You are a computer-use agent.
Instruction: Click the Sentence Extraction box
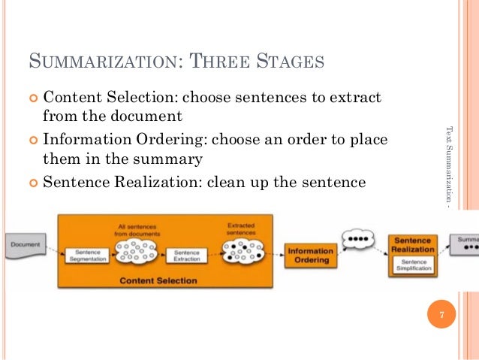point(186,256)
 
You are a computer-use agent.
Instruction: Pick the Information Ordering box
point(310,256)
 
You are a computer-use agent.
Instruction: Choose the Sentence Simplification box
point(413,264)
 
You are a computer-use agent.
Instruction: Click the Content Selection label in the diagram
point(158,281)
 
